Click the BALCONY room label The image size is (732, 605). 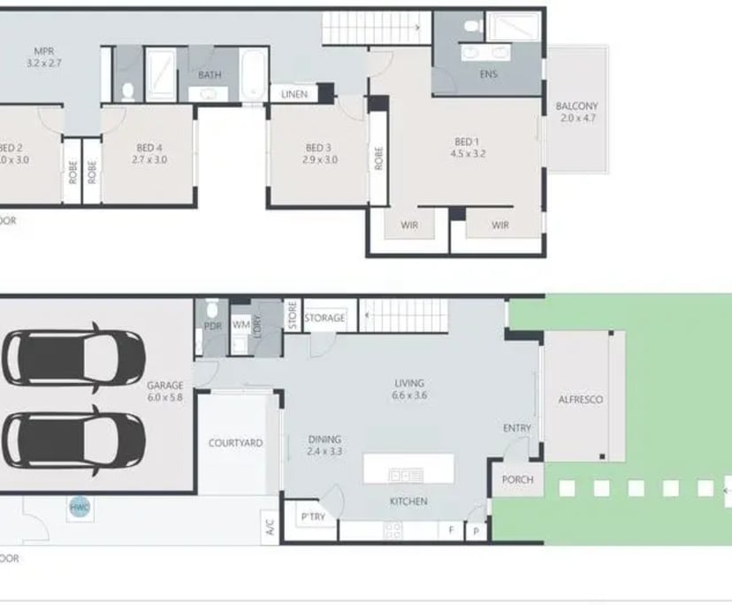(x=576, y=106)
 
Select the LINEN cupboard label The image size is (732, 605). (x=294, y=93)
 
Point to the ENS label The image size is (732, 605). (x=488, y=74)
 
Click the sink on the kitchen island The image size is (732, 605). (x=406, y=475)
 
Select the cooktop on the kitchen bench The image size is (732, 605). (x=393, y=530)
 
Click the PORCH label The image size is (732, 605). (x=517, y=480)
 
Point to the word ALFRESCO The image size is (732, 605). (x=582, y=400)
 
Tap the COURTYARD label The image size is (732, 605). (x=235, y=442)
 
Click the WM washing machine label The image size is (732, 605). (x=240, y=325)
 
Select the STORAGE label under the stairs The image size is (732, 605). (x=324, y=318)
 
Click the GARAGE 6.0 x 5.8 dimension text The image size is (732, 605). (x=165, y=398)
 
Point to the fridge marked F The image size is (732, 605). (x=451, y=530)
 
